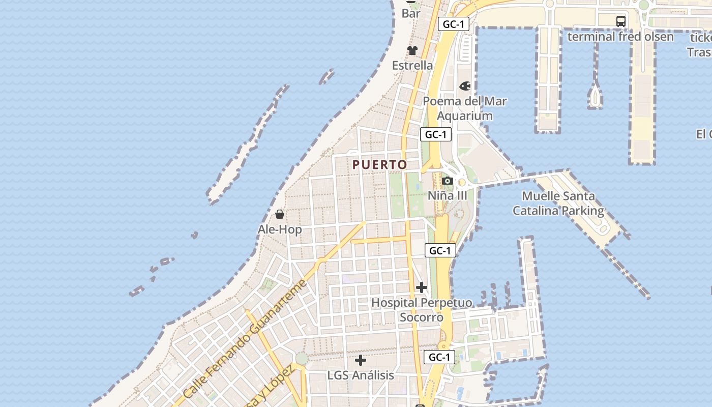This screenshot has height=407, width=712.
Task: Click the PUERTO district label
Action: click(x=380, y=164)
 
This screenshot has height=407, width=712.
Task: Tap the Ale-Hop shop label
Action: click(x=280, y=229)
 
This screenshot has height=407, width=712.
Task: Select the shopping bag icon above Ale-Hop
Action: click(x=280, y=214)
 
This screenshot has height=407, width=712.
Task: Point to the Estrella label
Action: click(x=412, y=65)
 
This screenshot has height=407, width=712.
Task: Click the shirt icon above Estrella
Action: click(x=412, y=50)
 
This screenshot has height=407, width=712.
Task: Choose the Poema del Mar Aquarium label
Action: click(x=465, y=108)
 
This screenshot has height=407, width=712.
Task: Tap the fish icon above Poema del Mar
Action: click(x=465, y=86)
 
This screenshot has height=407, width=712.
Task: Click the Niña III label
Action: click(x=447, y=195)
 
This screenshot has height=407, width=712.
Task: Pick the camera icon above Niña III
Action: click(x=448, y=181)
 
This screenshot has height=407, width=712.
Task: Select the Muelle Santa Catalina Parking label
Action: click(x=558, y=203)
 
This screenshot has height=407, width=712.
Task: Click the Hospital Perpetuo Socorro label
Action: click(x=422, y=310)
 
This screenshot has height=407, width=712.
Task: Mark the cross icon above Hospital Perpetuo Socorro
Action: click(x=422, y=287)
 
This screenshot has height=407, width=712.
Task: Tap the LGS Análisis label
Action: click(x=361, y=375)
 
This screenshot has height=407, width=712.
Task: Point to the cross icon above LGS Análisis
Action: click(x=361, y=360)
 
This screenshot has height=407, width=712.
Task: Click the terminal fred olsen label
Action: click(x=620, y=37)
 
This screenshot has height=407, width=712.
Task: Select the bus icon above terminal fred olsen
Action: click(x=621, y=21)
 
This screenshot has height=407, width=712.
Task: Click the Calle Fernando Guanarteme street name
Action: click(x=245, y=339)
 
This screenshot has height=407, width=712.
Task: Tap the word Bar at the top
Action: click(x=411, y=14)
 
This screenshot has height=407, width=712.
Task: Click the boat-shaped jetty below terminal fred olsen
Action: click(x=595, y=95)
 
